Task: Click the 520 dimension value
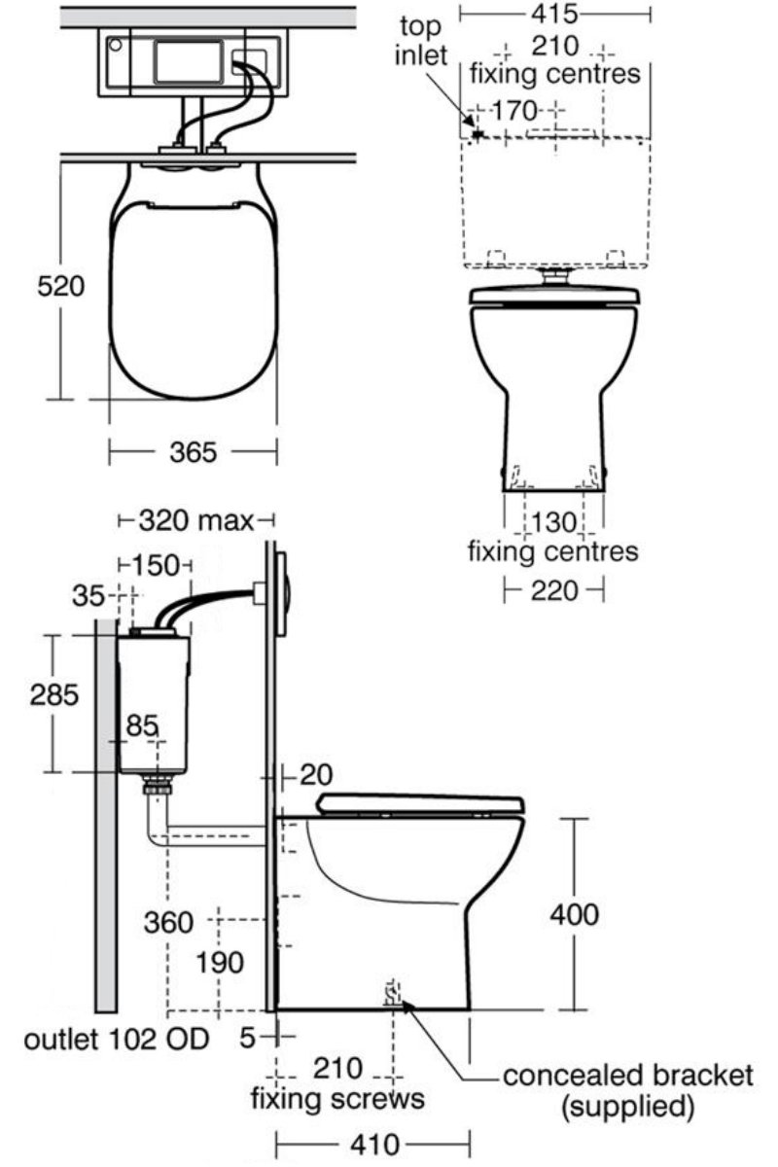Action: [61, 287]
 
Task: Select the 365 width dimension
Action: [192, 452]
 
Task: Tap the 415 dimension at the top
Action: [554, 14]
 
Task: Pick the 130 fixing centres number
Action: [554, 522]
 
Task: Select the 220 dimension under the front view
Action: [554, 589]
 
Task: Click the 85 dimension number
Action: [143, 726]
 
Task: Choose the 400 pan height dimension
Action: [574, 914]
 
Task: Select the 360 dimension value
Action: [168, 920]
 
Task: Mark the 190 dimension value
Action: [218, 963]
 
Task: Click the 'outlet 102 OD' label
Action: [117, 1040]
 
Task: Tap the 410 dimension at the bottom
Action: [372, 1143]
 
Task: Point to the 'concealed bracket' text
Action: [626, 1076]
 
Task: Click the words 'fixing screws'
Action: [337, 1099]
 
